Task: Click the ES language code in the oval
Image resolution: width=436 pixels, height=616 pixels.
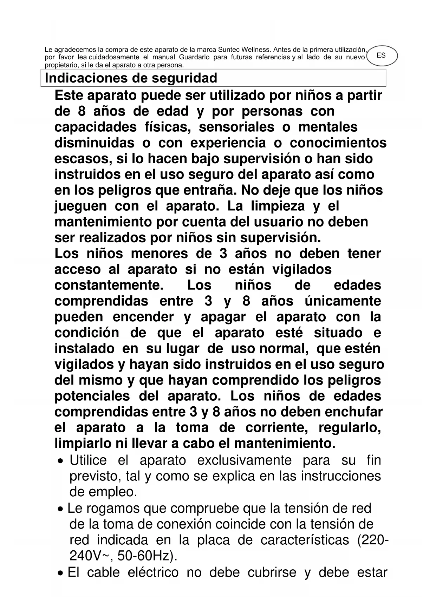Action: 381,55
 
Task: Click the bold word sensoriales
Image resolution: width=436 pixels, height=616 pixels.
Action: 236,127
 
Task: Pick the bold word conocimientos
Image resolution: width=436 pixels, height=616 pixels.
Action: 338,143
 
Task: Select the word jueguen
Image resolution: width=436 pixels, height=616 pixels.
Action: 80,206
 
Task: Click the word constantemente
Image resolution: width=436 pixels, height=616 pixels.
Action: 109,285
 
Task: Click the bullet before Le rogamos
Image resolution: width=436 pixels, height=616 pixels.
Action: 61,509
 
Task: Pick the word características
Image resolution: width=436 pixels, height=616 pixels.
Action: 305,540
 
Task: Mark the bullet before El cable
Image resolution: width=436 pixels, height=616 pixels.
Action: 61,574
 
